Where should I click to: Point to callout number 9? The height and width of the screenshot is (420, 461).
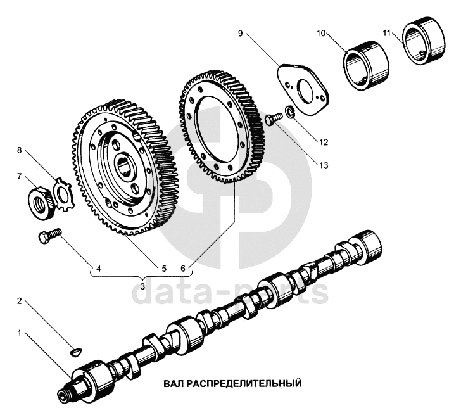coord(241,34)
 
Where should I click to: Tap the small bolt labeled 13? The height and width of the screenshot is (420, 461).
coord(272,118)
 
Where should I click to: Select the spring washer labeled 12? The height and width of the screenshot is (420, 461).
coord(290,113)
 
